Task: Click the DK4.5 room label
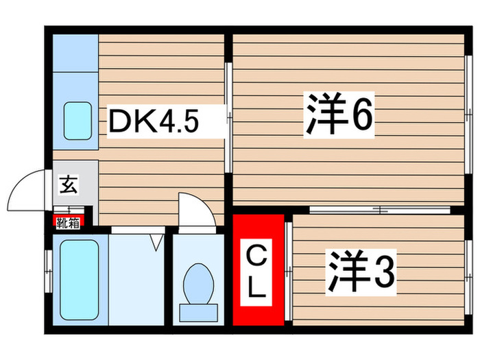[154, 123]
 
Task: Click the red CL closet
[257, 271]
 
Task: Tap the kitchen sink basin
[78, 120]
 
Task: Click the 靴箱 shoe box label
[69, 221]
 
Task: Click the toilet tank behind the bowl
[197, 311]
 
